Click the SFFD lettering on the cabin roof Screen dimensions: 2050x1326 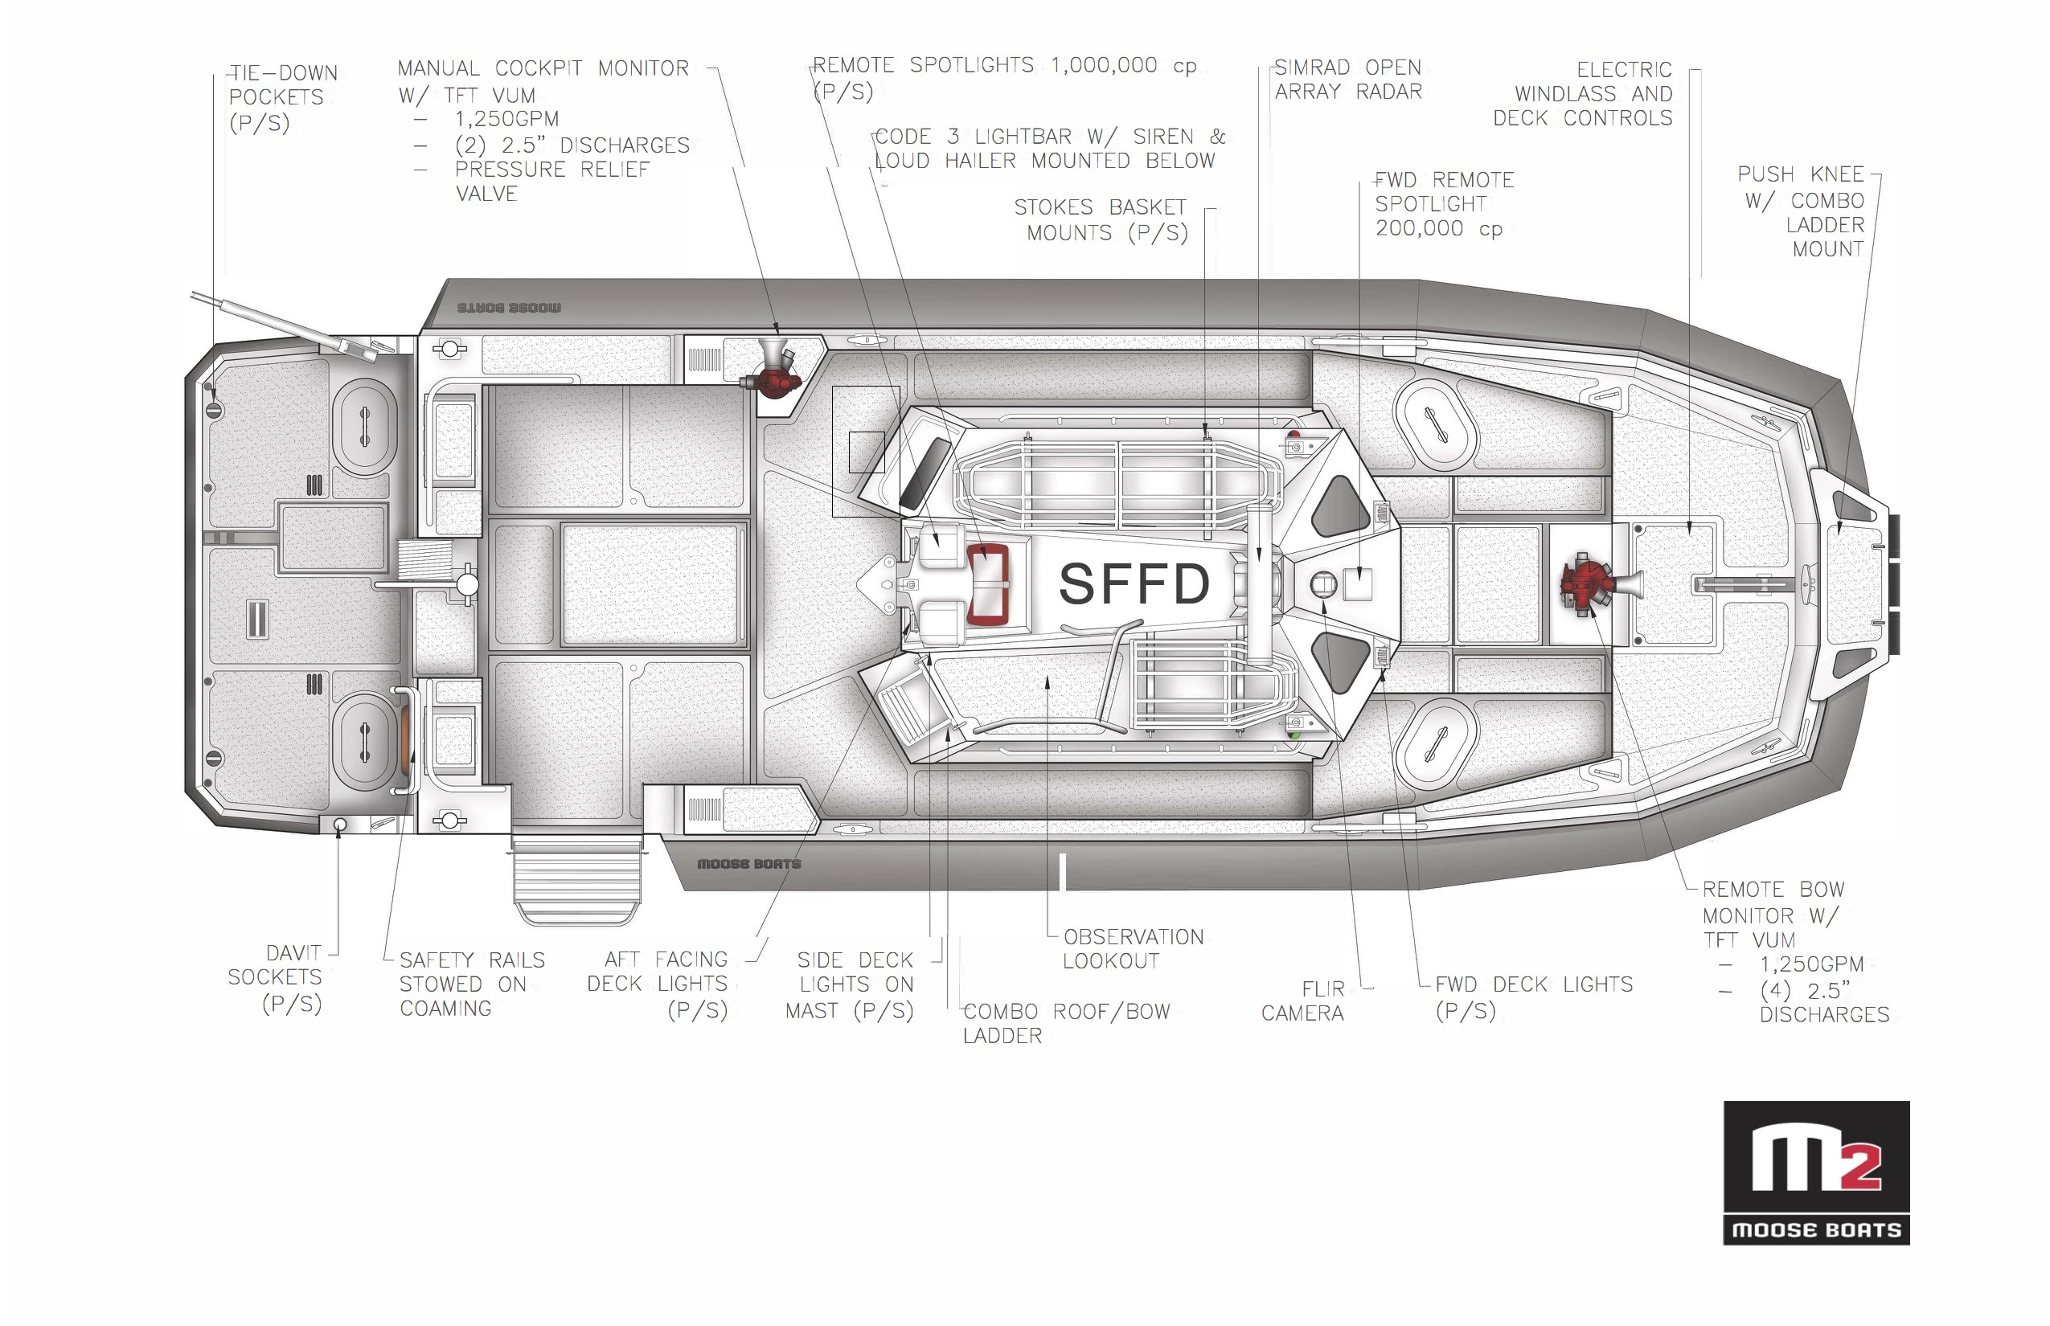(1134, 583)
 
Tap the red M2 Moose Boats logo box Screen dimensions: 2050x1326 (1816, 1172)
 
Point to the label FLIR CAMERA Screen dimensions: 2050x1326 (1302, 1001)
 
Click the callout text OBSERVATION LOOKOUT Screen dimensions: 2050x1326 (1133, 949)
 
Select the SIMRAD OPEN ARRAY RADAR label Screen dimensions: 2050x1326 (1348, 80)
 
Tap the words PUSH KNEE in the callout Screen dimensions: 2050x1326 (1800, 174)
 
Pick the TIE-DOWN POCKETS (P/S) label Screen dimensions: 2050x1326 (283, 97)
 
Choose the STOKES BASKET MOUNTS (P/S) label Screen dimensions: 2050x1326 (1101, 219)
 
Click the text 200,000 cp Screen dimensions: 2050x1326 (1438, 228)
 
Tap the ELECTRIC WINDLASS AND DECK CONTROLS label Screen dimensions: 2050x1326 (1582, 94)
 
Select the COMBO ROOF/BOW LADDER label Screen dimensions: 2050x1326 (1066, 1023)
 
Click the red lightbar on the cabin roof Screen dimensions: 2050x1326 (987, 583)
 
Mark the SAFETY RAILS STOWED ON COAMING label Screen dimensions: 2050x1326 (472, 984)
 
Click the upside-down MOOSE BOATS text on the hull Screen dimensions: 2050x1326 (509, 307)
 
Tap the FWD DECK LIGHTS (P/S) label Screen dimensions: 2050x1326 (1533, 997)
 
